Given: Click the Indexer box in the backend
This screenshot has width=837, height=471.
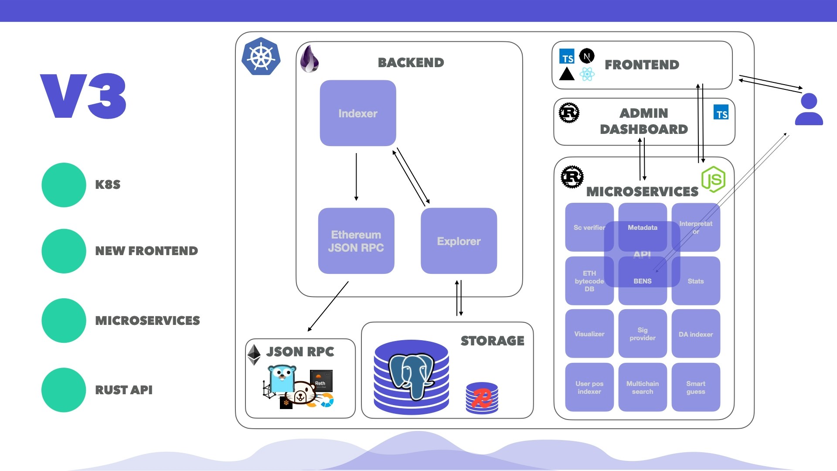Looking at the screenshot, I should click(x=358, y=113).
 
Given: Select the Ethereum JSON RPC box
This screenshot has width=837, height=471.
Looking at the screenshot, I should click(x=356, y=241).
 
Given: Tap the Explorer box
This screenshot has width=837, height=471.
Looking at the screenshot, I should click(x=459, y=241).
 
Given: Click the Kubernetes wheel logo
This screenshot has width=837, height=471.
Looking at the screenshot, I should click(x=261, y=57).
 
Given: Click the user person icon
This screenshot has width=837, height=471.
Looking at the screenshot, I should click(x=809, y=109).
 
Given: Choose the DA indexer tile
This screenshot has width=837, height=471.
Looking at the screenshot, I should click(x=696, y=334).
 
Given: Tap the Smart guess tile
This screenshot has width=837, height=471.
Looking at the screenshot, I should click(x=696, y=387).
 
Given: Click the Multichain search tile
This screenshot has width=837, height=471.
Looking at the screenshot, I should click(x=643, y=387).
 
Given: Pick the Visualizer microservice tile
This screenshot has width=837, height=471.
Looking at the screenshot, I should click(x=589, y=334).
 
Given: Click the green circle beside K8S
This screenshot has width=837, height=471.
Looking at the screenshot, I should click(x=64, y=185).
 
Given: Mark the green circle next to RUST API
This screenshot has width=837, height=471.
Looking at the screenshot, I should click(x=64, y=390).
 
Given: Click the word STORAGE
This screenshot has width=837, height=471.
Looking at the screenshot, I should click(x=492, y=341).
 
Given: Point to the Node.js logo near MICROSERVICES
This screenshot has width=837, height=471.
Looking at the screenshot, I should click(x=713, y=179).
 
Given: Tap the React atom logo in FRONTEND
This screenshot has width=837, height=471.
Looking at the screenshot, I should click(x=587, y=74).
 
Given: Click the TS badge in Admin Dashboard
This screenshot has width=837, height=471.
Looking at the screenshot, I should click(x=721, y=113).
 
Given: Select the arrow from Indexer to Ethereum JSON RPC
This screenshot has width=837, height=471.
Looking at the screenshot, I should click(x=356, y=177).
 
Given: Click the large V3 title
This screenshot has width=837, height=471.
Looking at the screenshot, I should click(x=83, y=96).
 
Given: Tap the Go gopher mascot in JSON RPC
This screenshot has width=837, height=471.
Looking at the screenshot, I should click(x=282, y=379).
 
